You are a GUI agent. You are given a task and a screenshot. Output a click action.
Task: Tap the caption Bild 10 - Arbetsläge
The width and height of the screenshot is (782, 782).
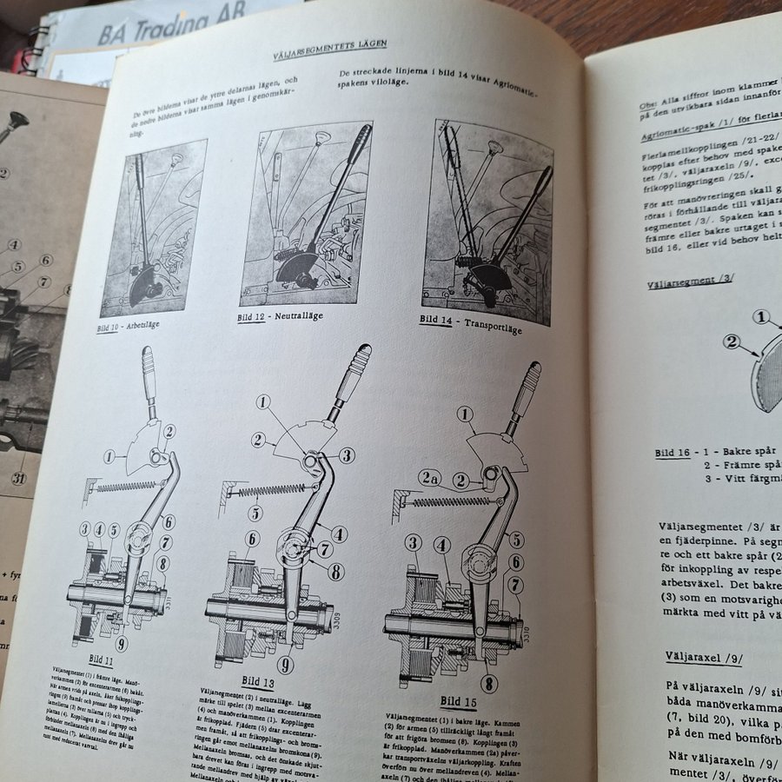(x=129, y=326)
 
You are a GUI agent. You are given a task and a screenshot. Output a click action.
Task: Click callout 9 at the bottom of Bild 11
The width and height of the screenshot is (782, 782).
(x=121, y=644)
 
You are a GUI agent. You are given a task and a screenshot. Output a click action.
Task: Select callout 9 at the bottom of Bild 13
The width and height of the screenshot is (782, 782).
(x=286, y=665)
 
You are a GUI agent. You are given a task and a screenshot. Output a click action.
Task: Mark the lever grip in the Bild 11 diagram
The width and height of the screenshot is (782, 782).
(x=149, y=368)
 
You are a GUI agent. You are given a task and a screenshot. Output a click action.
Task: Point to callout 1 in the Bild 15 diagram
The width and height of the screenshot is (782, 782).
(x=466, y=414)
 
